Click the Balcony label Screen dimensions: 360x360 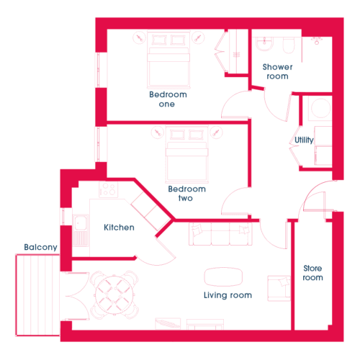click(40, 247)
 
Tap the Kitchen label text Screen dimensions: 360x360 click(119, 228)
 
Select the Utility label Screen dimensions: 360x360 click(304, 140)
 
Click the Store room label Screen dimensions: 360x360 click(312, 273)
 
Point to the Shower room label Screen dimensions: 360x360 click(277, 71)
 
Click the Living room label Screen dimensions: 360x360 click(228, 295)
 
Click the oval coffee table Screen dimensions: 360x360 click(223, 276)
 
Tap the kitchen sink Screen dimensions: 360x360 click(81, 230)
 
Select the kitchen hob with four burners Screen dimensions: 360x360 click(109, 189)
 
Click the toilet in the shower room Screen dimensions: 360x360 click(289, 45)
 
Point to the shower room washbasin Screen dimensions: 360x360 click(264, 44)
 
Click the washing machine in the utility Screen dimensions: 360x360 click(320, 108)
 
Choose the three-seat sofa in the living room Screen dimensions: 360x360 click(220, 234)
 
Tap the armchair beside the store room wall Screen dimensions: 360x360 click(279, 289)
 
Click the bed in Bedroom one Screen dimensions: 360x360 click(168, 60)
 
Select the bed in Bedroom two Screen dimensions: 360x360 click(186, 154)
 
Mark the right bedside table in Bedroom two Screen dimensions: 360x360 click(217, 132)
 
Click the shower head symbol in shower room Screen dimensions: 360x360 click(317, 40)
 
